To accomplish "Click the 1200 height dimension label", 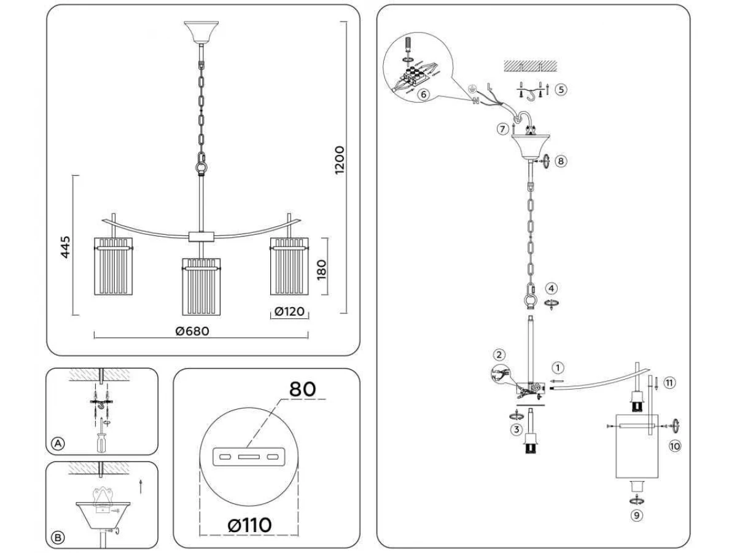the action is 340,160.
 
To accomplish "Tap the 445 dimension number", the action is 66,247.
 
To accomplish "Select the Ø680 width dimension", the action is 192,331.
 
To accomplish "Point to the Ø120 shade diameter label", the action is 289,312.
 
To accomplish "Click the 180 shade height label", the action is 321,270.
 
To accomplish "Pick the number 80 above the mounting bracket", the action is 302,389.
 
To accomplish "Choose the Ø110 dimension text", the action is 249,525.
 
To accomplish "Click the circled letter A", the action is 58,444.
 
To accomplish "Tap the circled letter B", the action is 58,538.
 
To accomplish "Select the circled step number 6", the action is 423,95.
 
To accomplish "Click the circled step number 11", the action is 669,383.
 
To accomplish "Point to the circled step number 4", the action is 551,288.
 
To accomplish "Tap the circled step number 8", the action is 560,161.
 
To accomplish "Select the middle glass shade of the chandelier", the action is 201,287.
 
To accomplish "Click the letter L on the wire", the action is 489,87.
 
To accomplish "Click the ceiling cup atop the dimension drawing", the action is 201,33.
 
